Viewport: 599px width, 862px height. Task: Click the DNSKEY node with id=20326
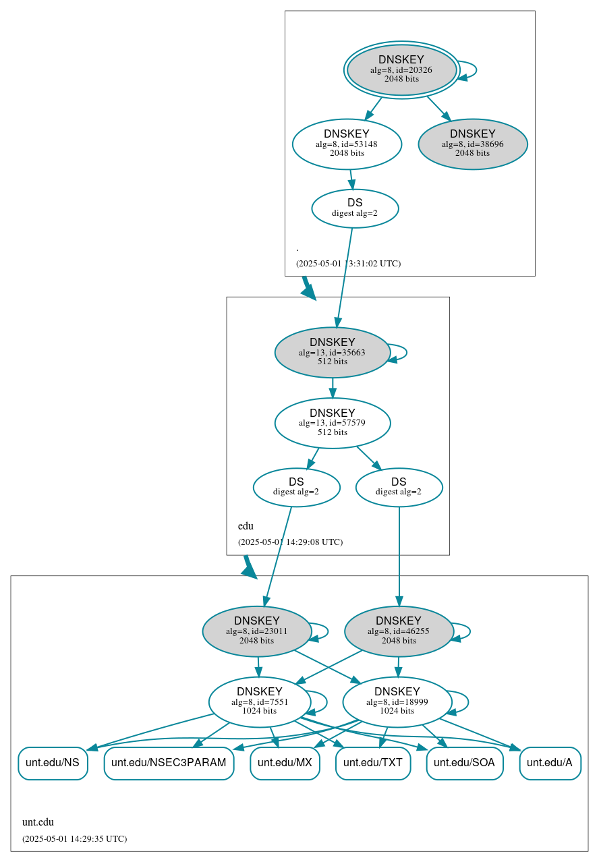pos(401,69)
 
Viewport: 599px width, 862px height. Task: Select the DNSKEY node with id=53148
pos(347,144)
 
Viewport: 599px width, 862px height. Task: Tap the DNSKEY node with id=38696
pos(472,144)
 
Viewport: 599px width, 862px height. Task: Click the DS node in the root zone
pos(355,208)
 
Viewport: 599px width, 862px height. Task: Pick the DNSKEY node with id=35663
pos(332,352)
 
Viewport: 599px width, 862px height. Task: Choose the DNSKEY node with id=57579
pos(332,423)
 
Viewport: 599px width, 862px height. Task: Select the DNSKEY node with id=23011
pos(256,631)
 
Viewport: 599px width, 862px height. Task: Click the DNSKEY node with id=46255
pos(398,631)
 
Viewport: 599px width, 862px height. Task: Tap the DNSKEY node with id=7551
pos(259,701)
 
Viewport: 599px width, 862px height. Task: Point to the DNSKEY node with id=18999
pos(397,701)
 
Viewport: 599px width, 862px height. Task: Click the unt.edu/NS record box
pos(53,763)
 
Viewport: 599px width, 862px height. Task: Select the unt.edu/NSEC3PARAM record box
pos(169,763)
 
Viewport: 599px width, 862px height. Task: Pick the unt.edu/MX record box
pos(285,763)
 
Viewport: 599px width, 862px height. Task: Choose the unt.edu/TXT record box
pos(373,763)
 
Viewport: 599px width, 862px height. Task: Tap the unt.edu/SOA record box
pos(464,763)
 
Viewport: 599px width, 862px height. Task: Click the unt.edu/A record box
pos(550,763)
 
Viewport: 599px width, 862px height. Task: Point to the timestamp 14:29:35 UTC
pos(74,839)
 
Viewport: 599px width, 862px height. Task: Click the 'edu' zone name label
pos(246,526)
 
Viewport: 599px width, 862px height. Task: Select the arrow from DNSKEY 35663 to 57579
pos(332,388)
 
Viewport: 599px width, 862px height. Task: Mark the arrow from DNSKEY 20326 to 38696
pos(438,108)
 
